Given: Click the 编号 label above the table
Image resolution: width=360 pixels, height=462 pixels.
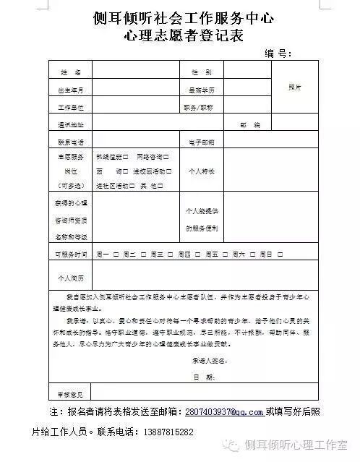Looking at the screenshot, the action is point(277,53).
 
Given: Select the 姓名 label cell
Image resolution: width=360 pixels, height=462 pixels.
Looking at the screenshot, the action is point(70,72).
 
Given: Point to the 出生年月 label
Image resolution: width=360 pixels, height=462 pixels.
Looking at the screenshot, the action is point(70,90).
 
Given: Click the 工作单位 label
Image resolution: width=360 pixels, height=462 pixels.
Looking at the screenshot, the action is point(70,107).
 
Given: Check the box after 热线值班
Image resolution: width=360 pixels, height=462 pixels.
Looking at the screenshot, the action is point(127,156).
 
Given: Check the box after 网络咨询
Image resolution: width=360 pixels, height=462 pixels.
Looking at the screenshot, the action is point(168,156).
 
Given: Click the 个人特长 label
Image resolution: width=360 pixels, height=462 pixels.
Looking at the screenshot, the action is point(202,171).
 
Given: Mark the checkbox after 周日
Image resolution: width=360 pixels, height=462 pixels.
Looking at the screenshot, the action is point(278,254).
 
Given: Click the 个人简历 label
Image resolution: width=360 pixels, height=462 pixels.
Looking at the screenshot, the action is point(70,278).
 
